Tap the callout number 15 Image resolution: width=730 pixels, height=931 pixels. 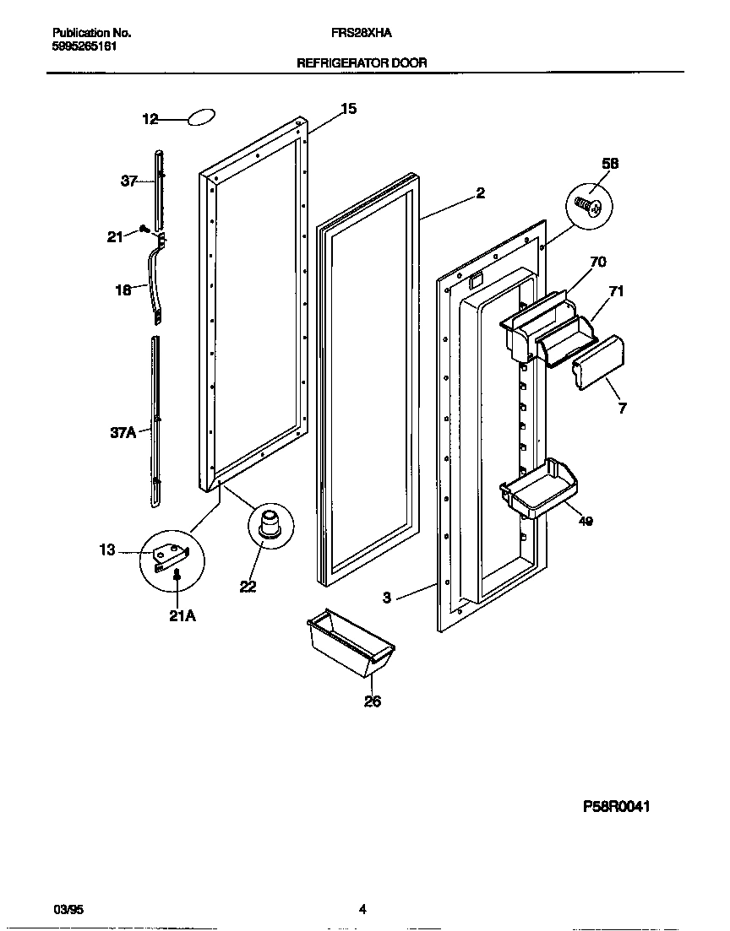[348, 109]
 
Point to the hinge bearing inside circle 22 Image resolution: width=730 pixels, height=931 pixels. [270, 524]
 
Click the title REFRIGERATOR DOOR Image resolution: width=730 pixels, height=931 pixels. [362, 62]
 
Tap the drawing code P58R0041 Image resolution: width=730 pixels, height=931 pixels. [617, 807]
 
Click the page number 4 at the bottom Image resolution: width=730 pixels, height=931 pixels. [362, 909]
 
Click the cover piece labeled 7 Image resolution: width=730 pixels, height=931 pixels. [599, 363]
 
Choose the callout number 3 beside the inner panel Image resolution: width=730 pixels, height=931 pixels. [386, 598]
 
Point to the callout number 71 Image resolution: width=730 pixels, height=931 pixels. [617, 292]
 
